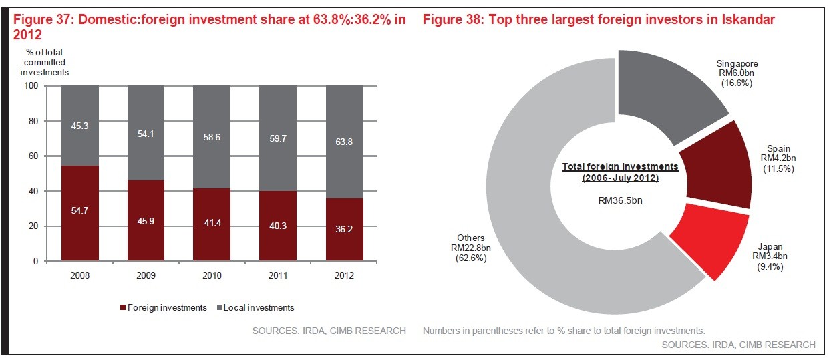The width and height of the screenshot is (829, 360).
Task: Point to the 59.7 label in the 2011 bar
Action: tap(279, 139)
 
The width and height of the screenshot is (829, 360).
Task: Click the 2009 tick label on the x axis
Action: tap(146, 275)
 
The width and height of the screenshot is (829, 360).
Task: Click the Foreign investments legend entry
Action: tap(164, 307)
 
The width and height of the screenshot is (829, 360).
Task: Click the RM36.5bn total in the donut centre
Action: tap(620, 199)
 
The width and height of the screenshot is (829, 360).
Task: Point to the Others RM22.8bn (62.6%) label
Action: tap(471, 248)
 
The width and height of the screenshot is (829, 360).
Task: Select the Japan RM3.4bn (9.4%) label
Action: tap(770, 257)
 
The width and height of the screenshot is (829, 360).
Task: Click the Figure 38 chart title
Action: tap(599, 20)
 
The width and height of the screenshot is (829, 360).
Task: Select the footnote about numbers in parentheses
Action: tap(564, 331)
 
